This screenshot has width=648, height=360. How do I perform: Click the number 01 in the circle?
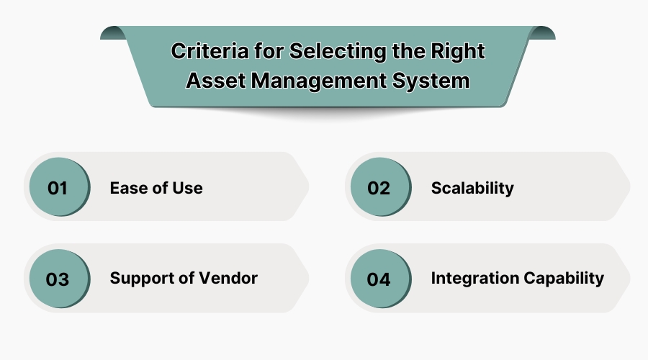58,189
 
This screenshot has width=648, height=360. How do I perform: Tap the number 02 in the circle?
379,189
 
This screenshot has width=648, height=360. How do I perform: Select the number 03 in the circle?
58,279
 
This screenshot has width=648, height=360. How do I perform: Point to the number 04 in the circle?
379,279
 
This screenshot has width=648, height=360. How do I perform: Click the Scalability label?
472,189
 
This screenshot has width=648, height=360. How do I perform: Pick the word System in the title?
432,81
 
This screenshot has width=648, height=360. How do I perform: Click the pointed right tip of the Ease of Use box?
307,188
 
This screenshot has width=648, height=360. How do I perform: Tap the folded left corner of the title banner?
111,32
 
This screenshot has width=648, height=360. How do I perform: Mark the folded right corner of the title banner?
543,32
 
